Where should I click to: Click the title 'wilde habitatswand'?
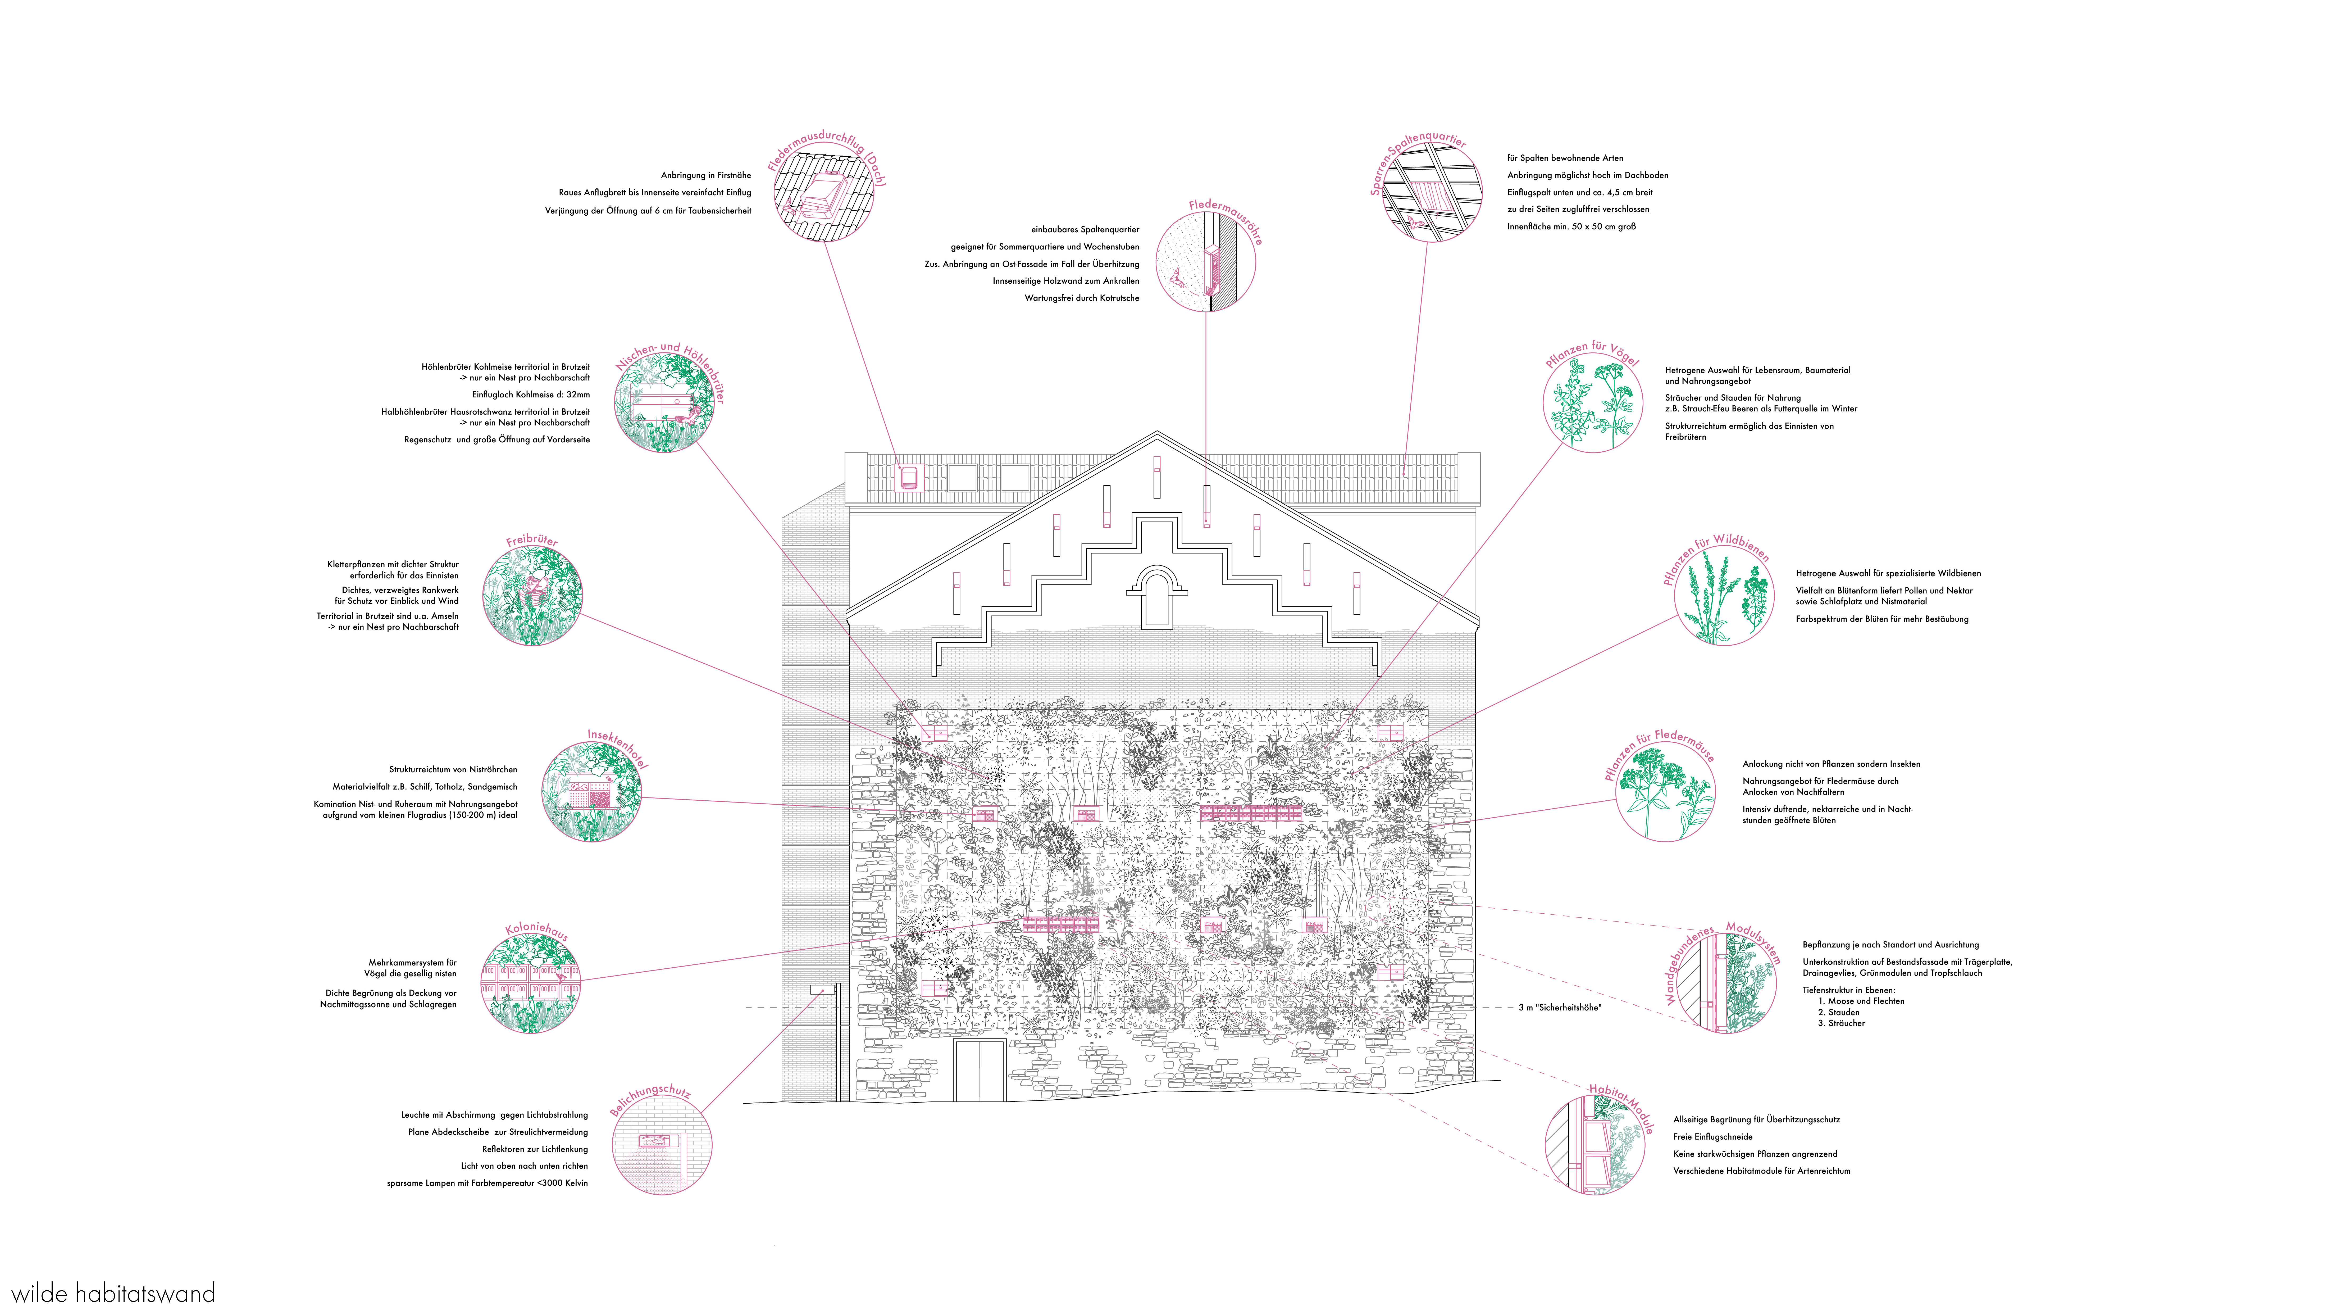[113, 1292]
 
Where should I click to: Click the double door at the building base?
[980, 1071]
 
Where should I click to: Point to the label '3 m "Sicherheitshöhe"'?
[1560, 1007]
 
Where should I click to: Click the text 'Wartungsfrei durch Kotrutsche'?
[1081, 298]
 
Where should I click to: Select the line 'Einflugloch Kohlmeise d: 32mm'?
[531, 395]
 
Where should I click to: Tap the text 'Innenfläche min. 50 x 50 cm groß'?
[1571, 227]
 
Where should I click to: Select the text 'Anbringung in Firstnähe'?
[706, 175]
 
